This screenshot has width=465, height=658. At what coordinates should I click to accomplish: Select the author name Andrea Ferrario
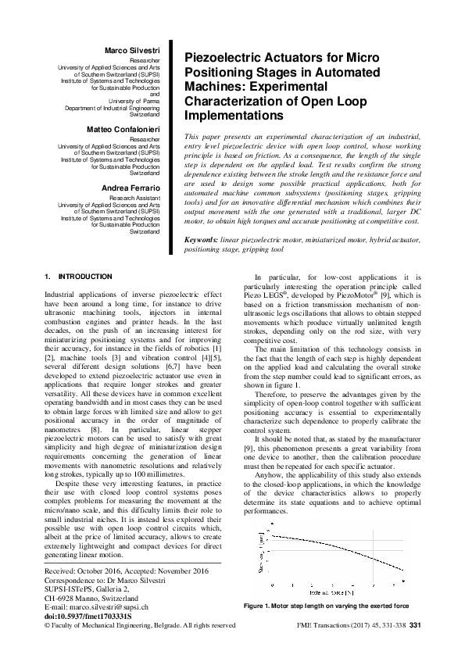[x=131, y=188]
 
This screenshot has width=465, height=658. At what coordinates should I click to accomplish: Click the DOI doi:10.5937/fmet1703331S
[x=88, y=615]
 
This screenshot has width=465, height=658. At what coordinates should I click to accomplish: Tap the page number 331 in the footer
[x=415, y=625]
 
